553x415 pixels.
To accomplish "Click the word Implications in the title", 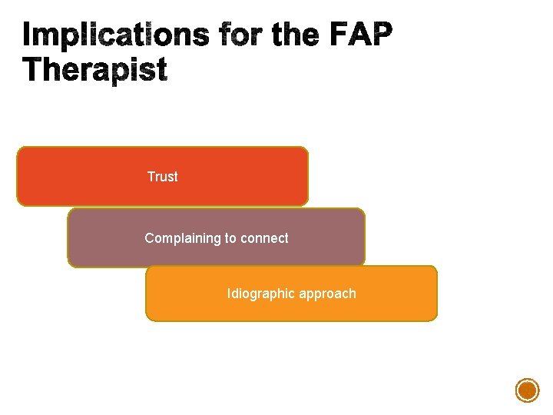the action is click(115, 35).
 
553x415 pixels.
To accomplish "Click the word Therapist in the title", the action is click(94, 71).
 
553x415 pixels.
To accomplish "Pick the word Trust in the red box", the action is click(162, 177).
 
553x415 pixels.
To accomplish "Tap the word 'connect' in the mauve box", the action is click(264, 238).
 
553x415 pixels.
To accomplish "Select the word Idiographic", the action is click(258, 294).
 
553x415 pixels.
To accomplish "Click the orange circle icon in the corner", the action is click(527, 390).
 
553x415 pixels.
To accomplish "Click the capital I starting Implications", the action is click(28, 35).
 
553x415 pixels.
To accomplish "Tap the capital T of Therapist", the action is click(35, 70).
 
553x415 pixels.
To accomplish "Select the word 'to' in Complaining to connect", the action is click(230, 238).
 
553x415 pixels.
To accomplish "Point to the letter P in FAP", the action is click(383, 35).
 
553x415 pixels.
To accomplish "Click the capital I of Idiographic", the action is click(229, 294).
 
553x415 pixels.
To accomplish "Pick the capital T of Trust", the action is click(151, 177).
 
